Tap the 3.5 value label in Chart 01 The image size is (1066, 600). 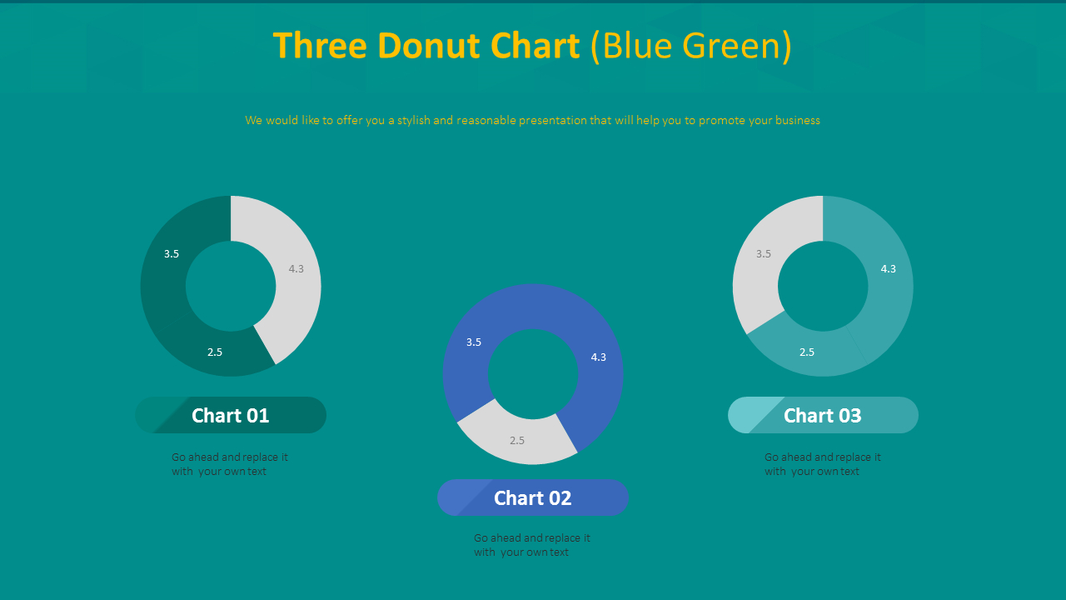pos(172,254)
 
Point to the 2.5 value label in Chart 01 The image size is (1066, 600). pos(215,352)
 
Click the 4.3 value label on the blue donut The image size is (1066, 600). pos(599,357)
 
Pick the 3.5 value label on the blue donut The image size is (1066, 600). pos(474,342)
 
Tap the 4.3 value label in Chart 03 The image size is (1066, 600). pos(889,269)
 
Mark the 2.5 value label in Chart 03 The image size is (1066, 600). pos(807,352)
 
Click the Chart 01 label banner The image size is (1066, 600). pos(231,415)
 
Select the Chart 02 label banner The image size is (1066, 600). pos(533,498)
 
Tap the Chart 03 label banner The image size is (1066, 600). pos(823,415)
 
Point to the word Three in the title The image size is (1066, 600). pos(320,46)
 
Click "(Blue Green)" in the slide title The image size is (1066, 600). pos(690,46)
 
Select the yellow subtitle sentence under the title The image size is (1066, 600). pos(533,121)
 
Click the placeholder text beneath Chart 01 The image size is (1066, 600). pos(229,464)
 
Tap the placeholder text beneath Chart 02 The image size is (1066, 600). pos(531,545)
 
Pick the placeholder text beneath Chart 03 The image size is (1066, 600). pos(822,464)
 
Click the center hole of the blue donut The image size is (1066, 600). pos(533,374)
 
